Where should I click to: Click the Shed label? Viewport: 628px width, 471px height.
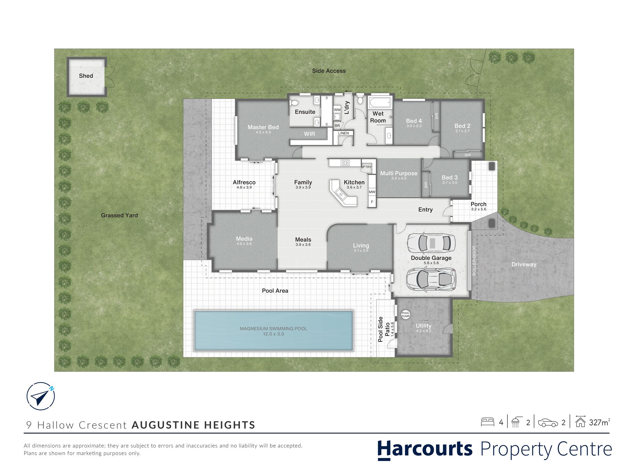click(x=86, y=76)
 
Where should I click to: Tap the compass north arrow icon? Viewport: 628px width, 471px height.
click(x=41, y=396)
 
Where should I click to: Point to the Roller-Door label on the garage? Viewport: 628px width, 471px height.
click(x=474, y=261)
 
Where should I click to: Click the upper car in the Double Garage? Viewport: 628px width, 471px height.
click(x=431, y=243)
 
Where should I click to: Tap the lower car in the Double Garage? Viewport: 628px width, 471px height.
click(x=430, y=279)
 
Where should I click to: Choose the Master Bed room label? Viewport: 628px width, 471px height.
click(x=263, y=127)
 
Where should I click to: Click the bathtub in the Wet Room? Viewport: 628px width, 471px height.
click(x=380, y=102)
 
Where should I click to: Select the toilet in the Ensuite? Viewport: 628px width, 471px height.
click(x=294, y=103)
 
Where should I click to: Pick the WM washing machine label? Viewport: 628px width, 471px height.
click(x=337, y=110)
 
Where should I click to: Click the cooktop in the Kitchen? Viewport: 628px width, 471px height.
click(x=345, y=163)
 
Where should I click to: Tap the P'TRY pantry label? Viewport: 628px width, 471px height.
click(x=367, y=167)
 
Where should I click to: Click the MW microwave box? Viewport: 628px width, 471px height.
click(x=372, y=192)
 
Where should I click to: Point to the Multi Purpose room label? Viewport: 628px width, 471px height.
click(x=399, y=173)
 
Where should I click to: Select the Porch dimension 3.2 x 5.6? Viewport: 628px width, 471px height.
click(x=479, y=209)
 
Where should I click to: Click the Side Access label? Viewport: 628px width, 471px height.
click(x=329, y=71)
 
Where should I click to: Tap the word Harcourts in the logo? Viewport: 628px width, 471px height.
click(x=425, y=449)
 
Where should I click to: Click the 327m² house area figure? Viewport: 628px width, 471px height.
click(x=600, y=422)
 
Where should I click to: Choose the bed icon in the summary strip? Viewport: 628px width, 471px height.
click(x=487, y=422)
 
